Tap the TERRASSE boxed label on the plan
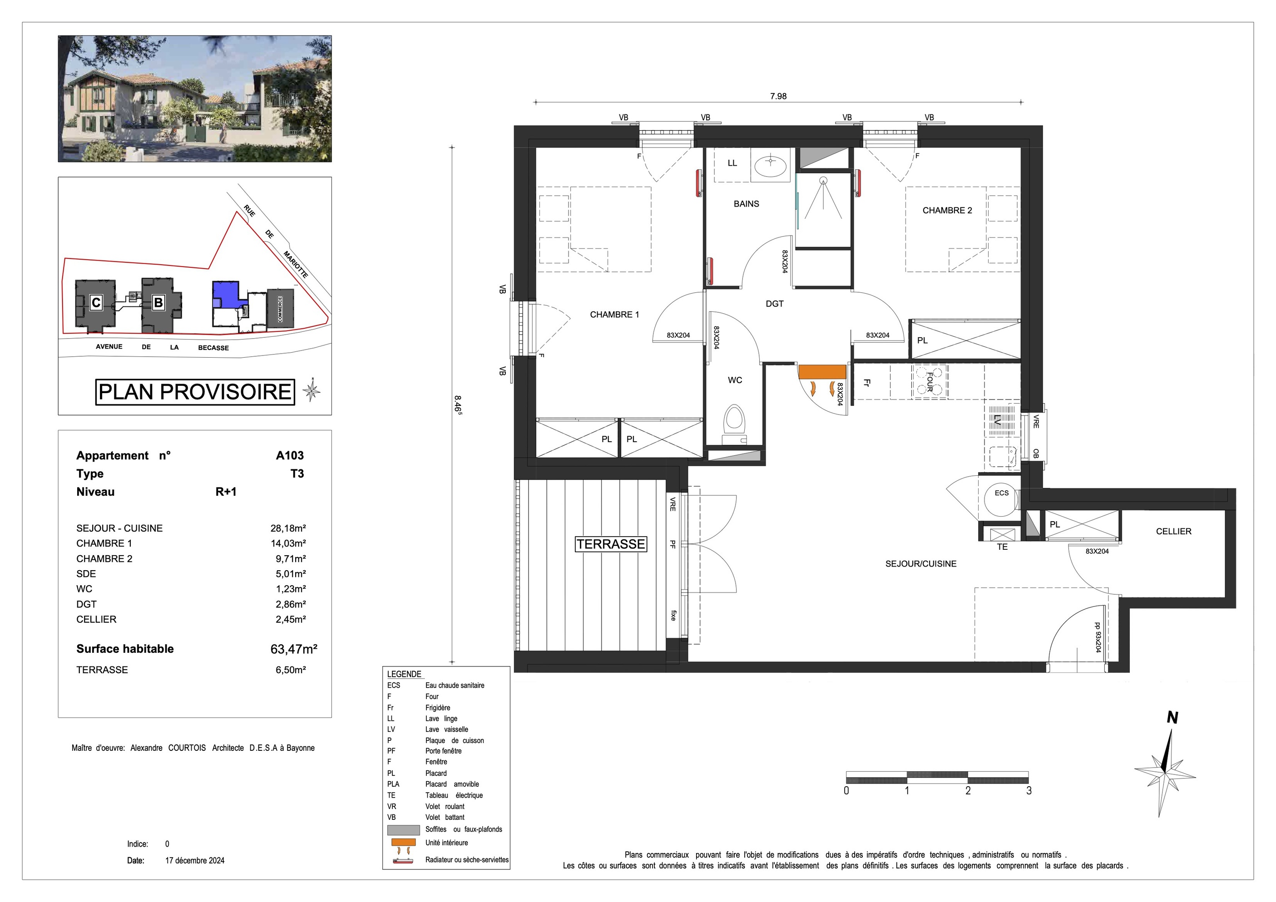click(x=610, y=544)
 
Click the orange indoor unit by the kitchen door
click(x=822, y=372)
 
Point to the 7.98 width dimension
click(x=778, y=96)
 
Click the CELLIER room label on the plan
click(x=1173, y=531)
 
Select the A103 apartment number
click(x=290, y=455)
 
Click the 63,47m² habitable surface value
click(x=293, y=649)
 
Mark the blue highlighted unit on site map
click(x=225, y=293)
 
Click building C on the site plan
click(x=96, y=303)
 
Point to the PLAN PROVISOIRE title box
click(x=195, y=392)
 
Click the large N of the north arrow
click(x=1172, y=718)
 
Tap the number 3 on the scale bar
click(x=1029, y=790)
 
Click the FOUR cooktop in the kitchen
click(x=929, y=382)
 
